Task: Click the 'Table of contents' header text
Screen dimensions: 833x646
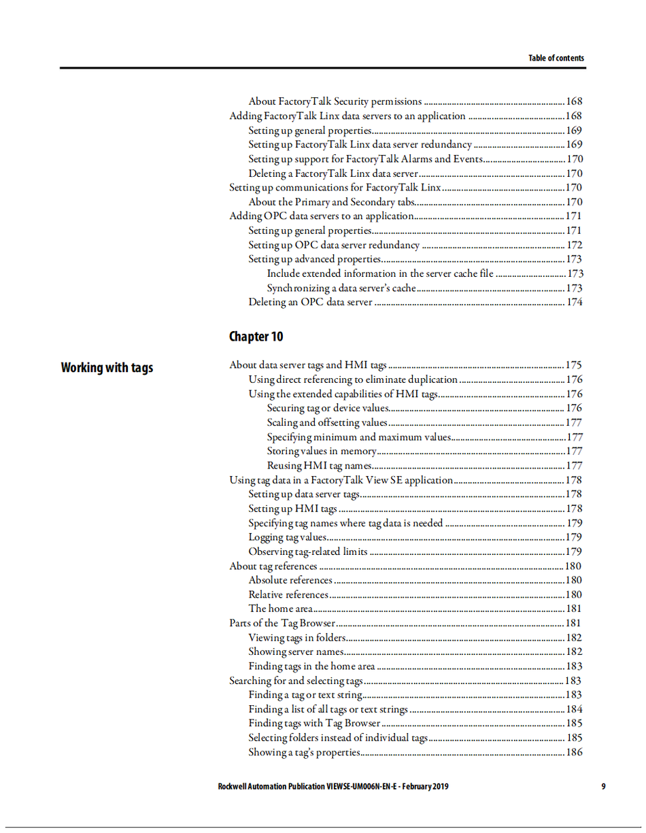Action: tap(556, 58)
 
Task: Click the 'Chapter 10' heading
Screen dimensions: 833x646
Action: tap(256, 337)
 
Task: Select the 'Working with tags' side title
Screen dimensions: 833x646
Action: tap(107, 368)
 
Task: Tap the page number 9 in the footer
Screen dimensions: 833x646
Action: tap(603, 787)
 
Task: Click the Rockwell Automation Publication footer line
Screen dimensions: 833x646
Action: tap(333, 787)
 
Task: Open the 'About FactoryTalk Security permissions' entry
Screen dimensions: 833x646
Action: tap(335, 101)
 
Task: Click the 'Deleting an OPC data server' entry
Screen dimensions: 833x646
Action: tap(310, 302)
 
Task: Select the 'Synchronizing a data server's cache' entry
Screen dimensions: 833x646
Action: tap(341, 288)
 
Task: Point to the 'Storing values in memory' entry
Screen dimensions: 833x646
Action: tap(321, 451)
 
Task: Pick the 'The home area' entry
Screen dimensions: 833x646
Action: tap(280, 609)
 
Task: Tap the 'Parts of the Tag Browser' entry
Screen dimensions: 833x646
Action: tap(282, 623)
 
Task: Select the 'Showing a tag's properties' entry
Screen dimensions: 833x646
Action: tap(303, 752)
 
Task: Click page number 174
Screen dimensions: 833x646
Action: tap(574, 302)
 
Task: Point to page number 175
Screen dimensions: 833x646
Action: tap(574, 365)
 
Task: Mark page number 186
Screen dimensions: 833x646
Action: tap(574, 752)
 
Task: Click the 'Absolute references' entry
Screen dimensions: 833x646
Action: tap(290, 580)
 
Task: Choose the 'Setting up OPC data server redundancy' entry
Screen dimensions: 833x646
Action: tap(334, 245)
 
